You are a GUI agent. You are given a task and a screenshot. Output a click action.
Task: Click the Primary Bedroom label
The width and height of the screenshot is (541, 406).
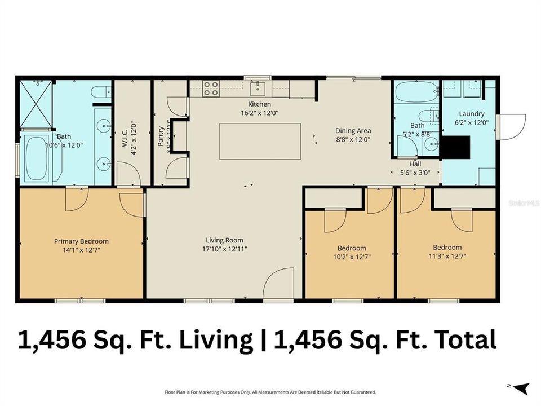[x=81, y=241]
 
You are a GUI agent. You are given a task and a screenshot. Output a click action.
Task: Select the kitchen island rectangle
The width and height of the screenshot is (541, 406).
[x=260, y=142]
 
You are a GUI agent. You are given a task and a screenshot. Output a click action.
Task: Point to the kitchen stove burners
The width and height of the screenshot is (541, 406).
[x=211, y=89]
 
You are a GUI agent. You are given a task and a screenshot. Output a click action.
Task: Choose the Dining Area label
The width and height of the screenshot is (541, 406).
[x=353, y=131]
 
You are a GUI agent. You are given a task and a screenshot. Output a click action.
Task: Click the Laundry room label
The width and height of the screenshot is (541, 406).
[x=472, y=113]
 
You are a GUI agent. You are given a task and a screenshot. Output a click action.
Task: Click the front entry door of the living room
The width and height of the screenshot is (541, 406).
[x=278, y=285]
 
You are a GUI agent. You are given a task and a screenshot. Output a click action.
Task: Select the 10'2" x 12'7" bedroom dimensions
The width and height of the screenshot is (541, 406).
[x=352, y=257]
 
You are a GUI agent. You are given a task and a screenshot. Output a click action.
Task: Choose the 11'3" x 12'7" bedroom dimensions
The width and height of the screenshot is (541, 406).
[x=447, y=255]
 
